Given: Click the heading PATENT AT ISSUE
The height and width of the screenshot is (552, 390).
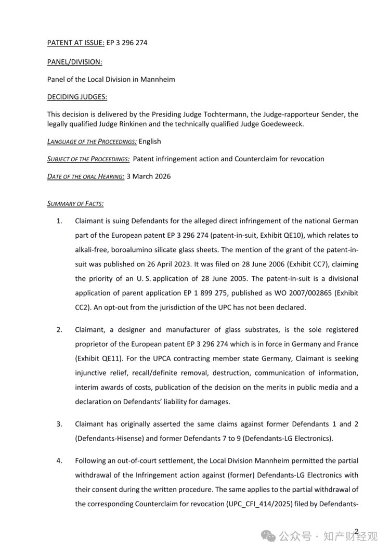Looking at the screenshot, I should coord(75,43).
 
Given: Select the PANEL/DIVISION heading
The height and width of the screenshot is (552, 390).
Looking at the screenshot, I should coord(74,62).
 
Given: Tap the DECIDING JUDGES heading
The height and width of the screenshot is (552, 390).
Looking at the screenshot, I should coord(77,97).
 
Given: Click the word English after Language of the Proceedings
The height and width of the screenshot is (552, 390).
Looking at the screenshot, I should coord(150,142).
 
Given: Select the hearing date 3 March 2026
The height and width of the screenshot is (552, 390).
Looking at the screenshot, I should coord(148,176).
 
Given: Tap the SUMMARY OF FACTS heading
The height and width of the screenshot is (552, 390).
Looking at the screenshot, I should coord(75,203).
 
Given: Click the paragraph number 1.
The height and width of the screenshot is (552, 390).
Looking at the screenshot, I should coord(59,221).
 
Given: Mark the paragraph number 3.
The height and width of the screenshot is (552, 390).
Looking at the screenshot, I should coord(59,424).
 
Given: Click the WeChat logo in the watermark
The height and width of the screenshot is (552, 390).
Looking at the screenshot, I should coord(269,536).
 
